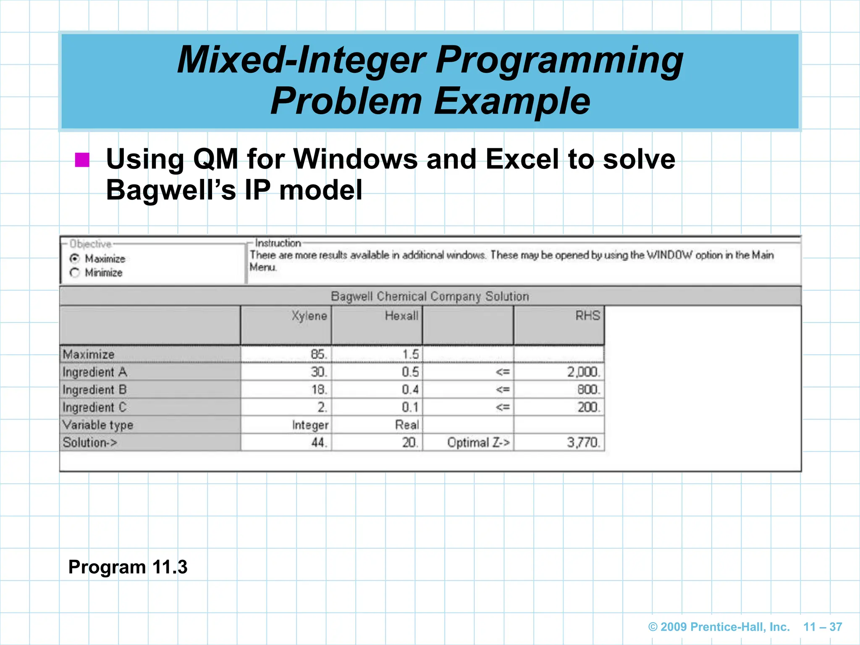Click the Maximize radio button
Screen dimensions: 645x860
pyautogui.click(x=75, y=259)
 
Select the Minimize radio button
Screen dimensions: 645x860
pyautogui.click(x=75, y=273)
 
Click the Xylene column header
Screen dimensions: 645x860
pyautogui.click(x=309, y=316)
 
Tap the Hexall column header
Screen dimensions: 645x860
pyautogui.click(x=401, y=316)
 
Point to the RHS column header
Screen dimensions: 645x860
pyautogui.click(x=587, y=316)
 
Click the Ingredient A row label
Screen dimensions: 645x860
pyautogui.click(x=95, y=372)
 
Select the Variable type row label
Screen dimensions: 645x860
pyautogui.click(x=98, y=425)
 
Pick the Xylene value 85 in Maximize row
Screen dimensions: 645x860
pyautogui.click(x=318, y=354)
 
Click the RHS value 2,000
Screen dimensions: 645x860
pyautogui.click(x=583, y=372)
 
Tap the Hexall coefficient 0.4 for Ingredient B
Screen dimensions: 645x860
pyautogui.click(x=410, y=390)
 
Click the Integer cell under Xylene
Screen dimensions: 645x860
pyautogui.click(x=310, y=425)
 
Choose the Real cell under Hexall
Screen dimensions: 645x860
pyautogui.click(x=406, y=425)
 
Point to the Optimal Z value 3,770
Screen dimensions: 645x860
pyautogui.click(x=583, y=443)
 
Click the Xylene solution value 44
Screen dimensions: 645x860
pyautogui.click(x=318, y=443)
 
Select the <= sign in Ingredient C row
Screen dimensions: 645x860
pyautogui.click(x=502, y=407)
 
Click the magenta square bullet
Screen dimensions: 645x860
pyautogui.click(x=82, y=160)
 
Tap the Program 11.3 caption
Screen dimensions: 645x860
pyautogui.click(x=128, y=567)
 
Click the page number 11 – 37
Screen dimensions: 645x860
pyautogui.click(x=822, y=627)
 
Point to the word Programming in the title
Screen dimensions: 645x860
pyautogui.click(x=559, y=60)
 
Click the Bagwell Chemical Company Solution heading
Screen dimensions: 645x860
pyautogui.click(x=430, y=296)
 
